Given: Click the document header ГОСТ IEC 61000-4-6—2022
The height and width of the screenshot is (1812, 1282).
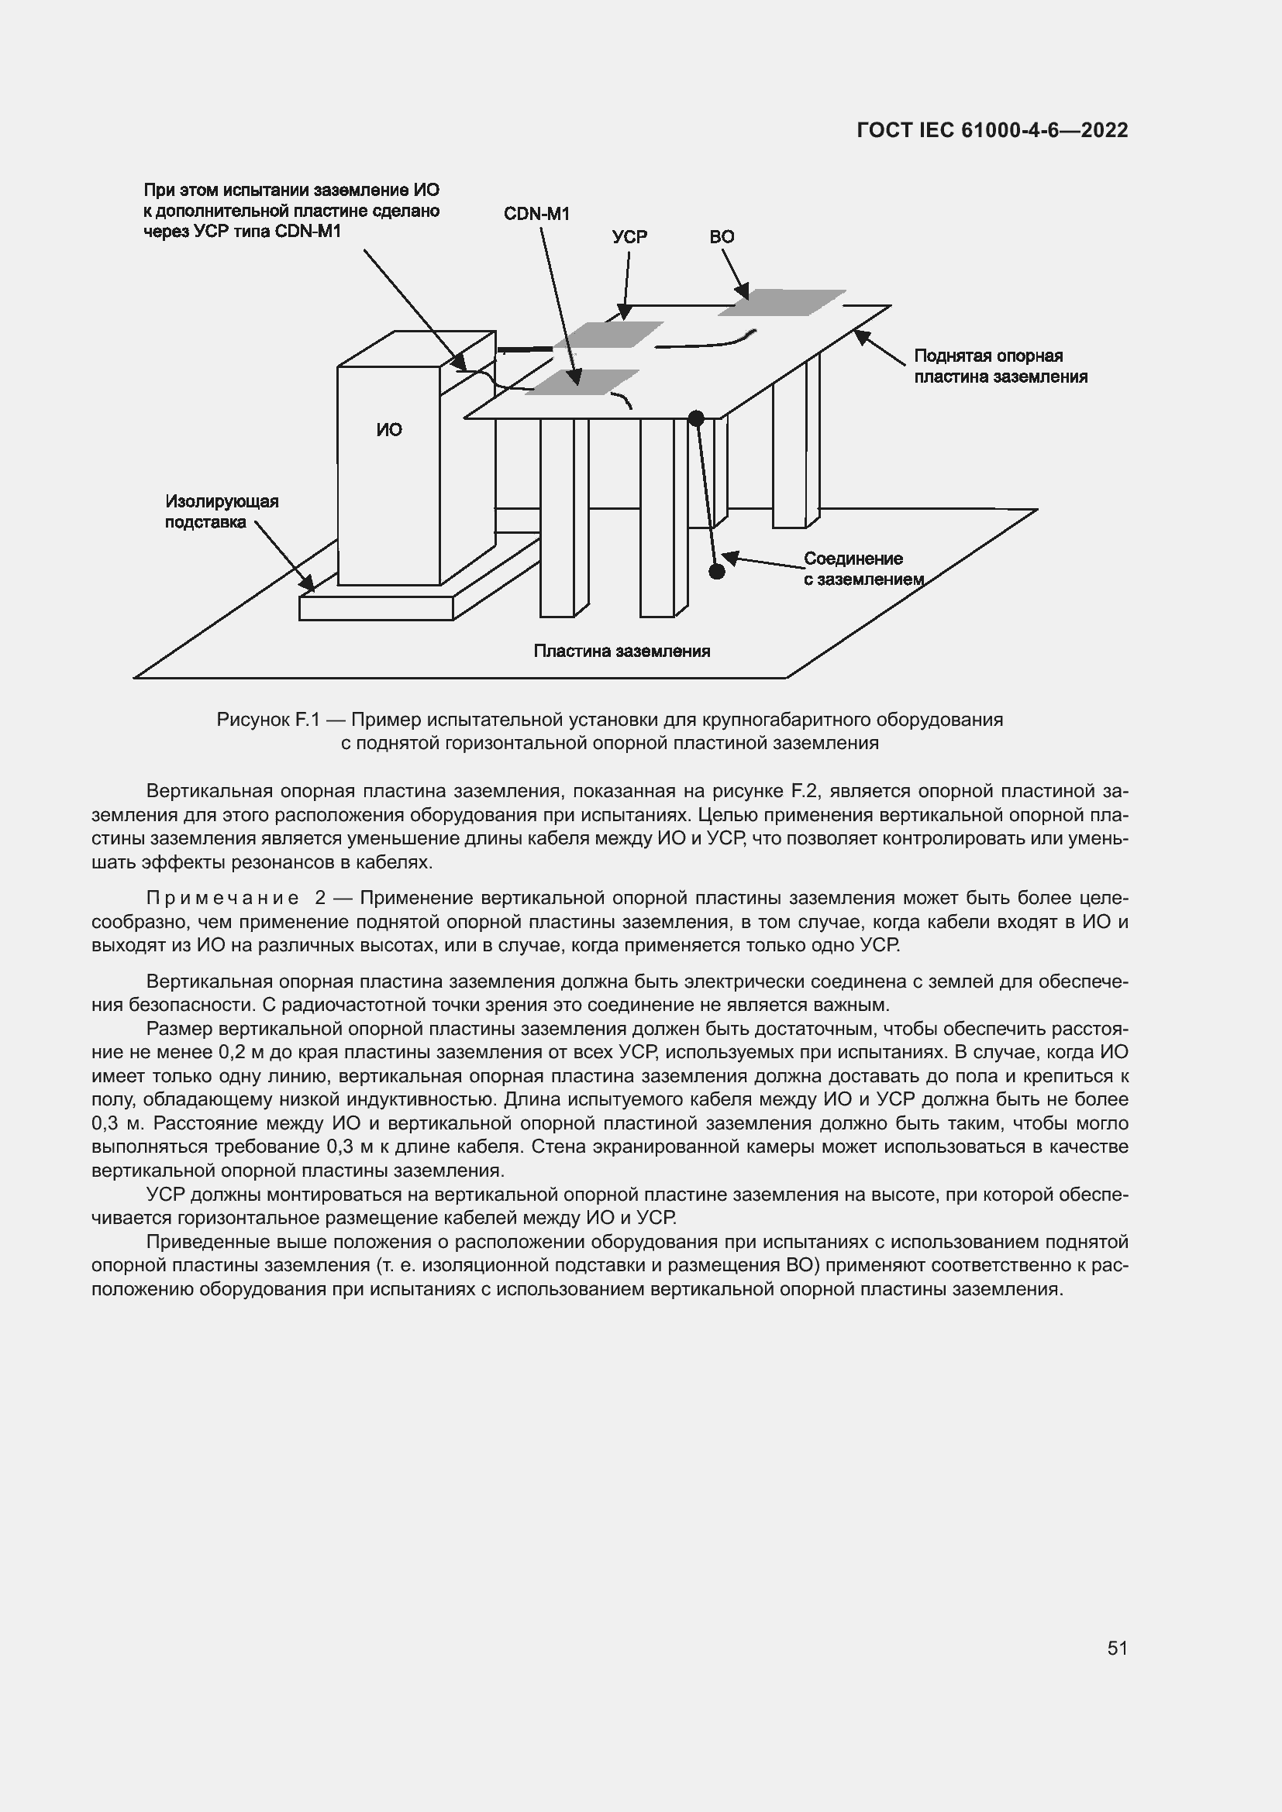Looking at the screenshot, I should click(991, 130).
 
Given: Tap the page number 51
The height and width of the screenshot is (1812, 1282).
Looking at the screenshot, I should click(1117, 1647).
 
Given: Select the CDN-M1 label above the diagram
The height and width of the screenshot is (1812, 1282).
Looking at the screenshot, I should click(536, 214).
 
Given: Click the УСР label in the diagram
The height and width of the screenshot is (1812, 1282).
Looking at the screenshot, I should click(629, 237).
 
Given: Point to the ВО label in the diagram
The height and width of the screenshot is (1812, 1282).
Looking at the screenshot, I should click(722, 237).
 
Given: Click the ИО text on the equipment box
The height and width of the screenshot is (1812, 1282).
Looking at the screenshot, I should click(389, 430).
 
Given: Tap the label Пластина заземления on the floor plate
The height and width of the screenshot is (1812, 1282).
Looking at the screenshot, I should click(622, 651).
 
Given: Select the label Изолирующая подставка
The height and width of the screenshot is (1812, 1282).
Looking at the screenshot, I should click(221, 511).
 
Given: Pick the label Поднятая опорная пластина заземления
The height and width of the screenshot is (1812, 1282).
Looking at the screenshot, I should click(1000, 366).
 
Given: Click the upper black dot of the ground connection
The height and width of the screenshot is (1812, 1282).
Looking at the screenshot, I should click(695, 418).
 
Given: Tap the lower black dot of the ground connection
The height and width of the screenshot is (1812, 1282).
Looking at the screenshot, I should click(717, 572).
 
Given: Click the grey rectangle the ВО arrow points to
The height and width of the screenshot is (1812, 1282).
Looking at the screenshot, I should click(781, 302).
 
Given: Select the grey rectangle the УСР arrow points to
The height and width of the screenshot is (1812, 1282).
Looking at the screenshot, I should click(607, 335).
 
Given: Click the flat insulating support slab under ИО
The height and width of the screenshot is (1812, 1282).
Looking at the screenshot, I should click(376, 607).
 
